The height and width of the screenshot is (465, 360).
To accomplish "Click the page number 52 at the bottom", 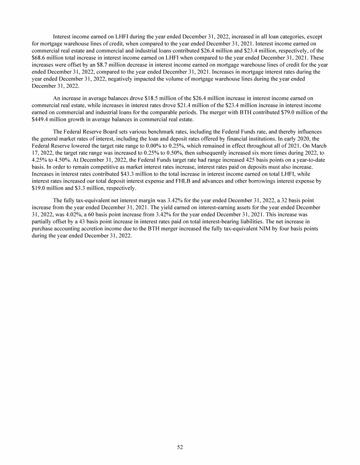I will (x=180, y=447).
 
